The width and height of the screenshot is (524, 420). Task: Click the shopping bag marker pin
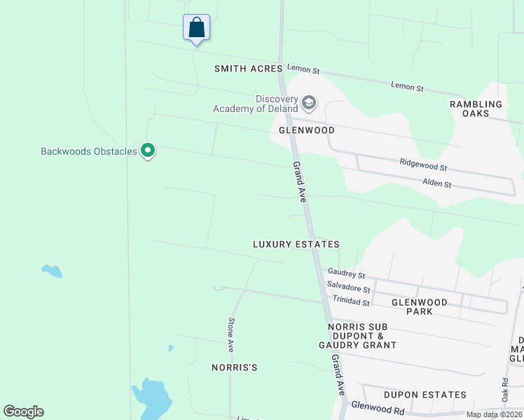197,29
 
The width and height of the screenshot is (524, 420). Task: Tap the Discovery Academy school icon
309,104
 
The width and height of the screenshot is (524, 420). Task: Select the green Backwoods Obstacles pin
148,150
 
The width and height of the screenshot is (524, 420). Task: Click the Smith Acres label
248,69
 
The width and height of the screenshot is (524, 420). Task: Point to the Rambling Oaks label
476,109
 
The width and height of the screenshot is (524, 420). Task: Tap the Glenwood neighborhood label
306,130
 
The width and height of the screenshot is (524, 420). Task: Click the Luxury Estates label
296,244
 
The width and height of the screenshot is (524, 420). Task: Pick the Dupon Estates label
425,395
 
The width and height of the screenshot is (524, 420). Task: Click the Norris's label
235,367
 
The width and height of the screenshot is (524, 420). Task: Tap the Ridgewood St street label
423,167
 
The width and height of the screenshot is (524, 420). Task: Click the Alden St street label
436,184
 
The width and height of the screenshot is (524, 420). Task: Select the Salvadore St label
348,288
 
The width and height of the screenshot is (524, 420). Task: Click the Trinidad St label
351,302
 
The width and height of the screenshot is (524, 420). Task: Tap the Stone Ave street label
230,335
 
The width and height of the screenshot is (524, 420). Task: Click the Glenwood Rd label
378,407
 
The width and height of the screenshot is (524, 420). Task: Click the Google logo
23,412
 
